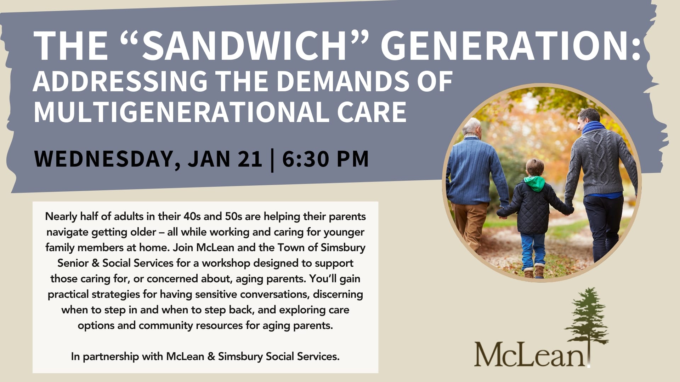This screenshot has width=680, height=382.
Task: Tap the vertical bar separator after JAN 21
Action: [272, 160]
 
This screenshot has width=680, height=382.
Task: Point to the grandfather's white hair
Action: [472, 127]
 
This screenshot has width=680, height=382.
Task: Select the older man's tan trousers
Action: [470, 226]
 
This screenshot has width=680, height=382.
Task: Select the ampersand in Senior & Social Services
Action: [96, 263]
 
